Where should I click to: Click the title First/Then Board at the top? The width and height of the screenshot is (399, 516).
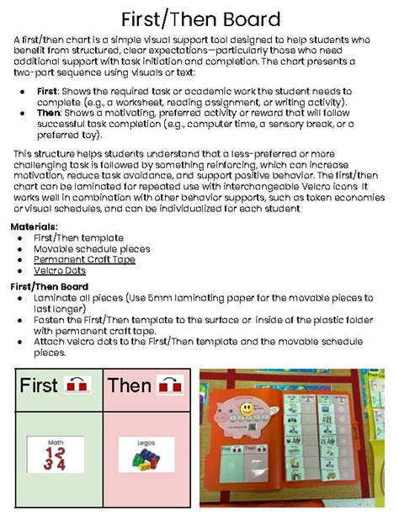pyautogui.click(x=199, y=19)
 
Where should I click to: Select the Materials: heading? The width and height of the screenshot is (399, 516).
pyautogui.click(x=34, y=227)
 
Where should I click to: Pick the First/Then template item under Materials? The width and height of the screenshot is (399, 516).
pyautogui.click(x=72, y=238)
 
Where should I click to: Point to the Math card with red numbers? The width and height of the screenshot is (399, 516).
pyautogui.click(x=56, y=455)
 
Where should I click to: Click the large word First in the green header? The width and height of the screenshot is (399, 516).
pyautogui.click(x=40, y=386)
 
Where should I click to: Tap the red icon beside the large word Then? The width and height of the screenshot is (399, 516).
pyautogui.click(x=171, y=386)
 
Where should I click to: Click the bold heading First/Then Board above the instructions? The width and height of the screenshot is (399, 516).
pyautogui.click(x=48, y=286)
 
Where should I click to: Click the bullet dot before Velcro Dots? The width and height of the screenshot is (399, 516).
pyautogui.click(x=19, y=271)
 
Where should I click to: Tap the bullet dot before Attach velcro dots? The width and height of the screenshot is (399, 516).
pyautogui.click(x=19, y=343)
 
